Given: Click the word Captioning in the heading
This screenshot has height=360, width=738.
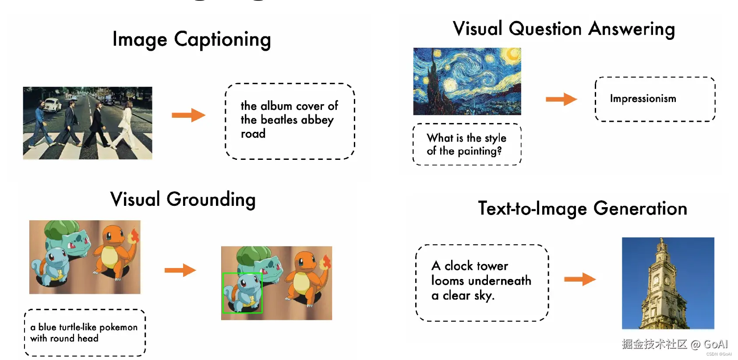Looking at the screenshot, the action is (x=222, y=40).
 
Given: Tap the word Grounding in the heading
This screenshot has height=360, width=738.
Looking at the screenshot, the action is (x=211, y=200).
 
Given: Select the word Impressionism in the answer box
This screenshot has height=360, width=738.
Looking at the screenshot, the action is (x=643, y=99).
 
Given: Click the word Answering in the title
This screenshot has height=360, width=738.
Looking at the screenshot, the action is (x=632, y=29).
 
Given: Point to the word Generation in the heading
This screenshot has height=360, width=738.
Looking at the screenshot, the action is (x=640, y=209).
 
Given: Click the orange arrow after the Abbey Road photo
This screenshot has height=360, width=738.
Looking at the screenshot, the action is (x=188, y=115).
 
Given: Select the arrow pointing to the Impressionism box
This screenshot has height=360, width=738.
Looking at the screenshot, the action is (x=561, y=99).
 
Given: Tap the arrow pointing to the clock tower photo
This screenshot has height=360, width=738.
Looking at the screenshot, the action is (x=580, y=279).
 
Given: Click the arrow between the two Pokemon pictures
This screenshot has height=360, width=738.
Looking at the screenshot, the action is (x=180, y=270).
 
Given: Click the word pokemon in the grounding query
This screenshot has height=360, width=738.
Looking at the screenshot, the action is (x=118, y=328).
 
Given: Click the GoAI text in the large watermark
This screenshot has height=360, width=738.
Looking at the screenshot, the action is (x=716, y=344).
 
